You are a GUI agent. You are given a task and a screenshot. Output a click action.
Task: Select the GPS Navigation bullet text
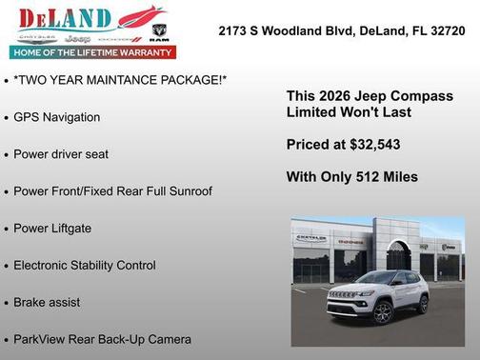(x=56, y=117)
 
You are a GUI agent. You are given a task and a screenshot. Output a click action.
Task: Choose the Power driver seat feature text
(x=61, y=154)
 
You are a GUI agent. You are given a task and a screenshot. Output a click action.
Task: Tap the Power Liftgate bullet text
(x=52, y=229)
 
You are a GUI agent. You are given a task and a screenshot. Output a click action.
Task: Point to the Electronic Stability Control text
(x=85, y=266)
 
